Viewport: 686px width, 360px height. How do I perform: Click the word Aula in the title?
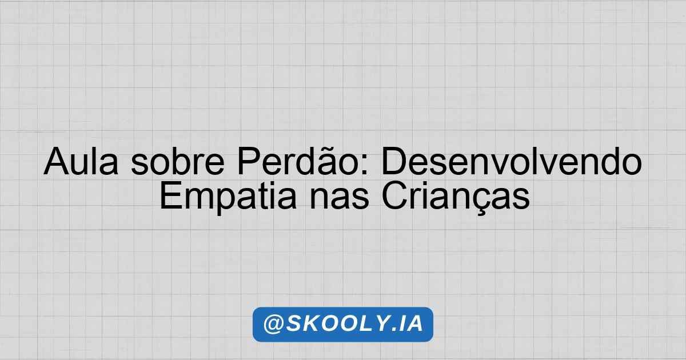pos(81,161)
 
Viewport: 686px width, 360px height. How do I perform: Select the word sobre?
pos(178,161)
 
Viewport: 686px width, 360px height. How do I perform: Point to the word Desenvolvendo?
pos(512,161)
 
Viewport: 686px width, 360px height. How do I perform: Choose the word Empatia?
pos(228,199)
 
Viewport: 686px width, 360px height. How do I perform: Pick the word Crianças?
pos(456,199)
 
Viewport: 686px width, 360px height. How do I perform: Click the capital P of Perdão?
pos(249,161)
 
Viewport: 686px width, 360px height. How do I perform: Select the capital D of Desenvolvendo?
pos(394,161)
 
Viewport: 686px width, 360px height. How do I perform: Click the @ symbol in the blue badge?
pos(273,324)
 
